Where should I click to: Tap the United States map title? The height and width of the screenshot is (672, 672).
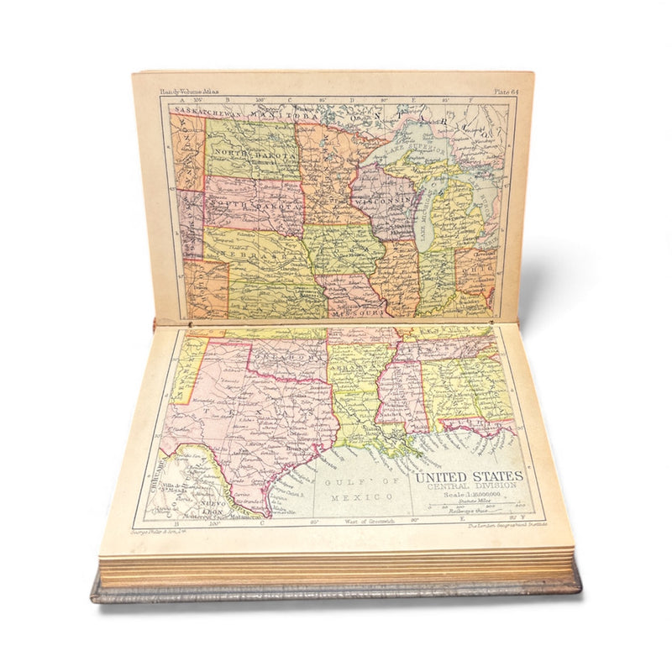469,476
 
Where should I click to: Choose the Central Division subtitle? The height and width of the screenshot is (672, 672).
468,487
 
